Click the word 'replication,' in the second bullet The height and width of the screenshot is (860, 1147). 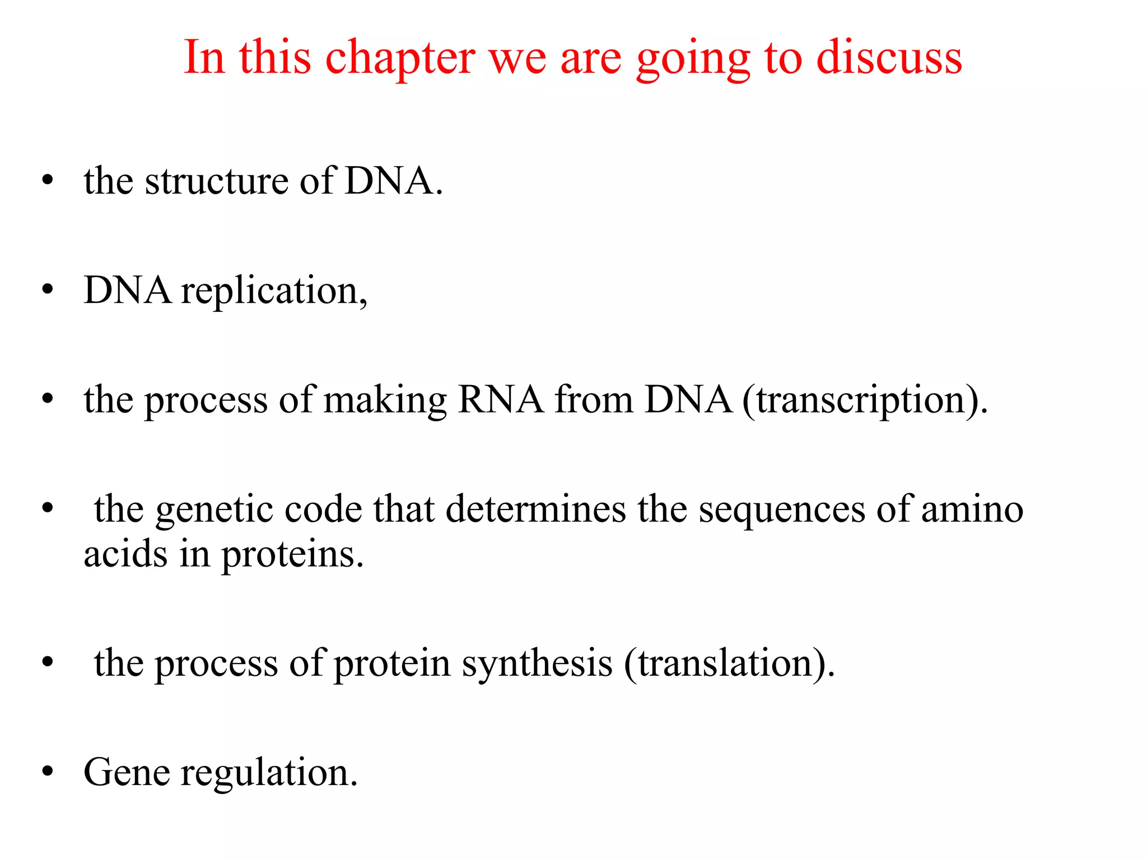274,291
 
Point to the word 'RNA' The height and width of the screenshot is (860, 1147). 500,400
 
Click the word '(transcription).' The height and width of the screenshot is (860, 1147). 865,400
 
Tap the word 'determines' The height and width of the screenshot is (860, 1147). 536,510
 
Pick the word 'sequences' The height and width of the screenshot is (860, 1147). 782,510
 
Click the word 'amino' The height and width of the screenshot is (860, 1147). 972,510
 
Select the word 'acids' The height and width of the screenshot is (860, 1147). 125,554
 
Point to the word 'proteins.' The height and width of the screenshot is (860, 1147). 293,554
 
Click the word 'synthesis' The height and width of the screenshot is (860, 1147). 537,663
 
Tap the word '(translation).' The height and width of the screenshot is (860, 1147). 729,663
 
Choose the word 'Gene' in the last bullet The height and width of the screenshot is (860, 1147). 127,773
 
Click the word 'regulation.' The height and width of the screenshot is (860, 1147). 269,773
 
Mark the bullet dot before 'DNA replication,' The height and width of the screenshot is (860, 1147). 48,290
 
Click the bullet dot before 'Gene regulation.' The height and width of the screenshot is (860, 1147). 48,772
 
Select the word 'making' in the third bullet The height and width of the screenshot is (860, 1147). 385,400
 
